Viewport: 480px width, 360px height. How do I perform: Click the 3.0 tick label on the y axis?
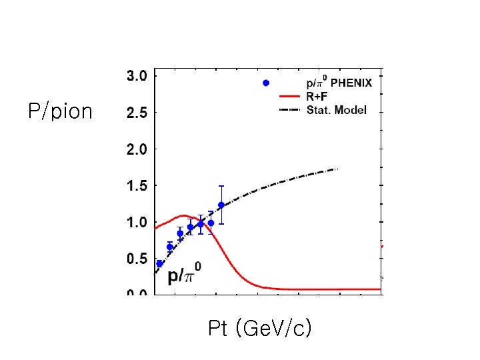(137, 77)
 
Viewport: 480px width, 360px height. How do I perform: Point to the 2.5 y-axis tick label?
(137, 113)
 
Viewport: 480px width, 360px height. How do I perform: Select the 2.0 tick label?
(137, 149)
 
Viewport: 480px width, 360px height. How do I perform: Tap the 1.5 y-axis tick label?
(137, 186)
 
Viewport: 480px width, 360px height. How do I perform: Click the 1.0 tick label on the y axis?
(137, 222)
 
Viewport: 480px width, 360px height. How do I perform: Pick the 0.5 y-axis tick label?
(137, 259)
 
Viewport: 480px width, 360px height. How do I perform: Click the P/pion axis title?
(60, 111)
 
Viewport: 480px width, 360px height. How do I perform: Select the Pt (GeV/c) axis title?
(259, 329)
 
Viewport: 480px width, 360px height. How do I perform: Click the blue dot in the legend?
(265, 83)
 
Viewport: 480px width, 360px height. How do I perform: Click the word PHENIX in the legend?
(351, 84)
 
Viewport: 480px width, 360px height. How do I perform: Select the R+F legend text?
(318, 97)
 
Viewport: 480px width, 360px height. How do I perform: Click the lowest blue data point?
(159, 263)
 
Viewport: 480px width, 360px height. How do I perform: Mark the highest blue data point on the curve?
(221, 205)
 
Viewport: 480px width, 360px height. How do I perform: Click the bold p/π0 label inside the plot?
(184, 274)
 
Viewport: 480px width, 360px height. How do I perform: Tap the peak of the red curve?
(184, 215)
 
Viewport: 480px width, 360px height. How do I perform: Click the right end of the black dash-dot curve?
(338, 169)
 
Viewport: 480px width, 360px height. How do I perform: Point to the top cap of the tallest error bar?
(221, 186)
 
